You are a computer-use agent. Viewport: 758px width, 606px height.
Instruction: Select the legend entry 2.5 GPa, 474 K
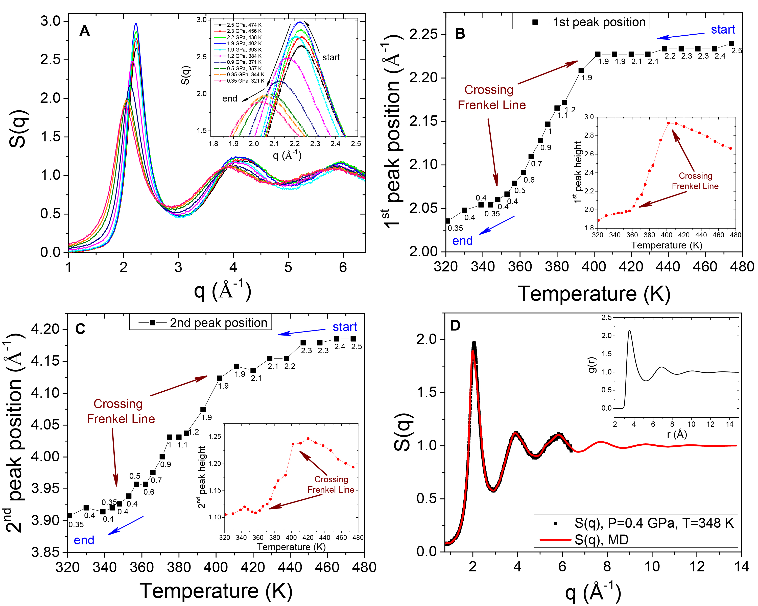[244, 25]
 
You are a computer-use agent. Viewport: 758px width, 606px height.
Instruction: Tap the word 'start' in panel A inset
[331, 57]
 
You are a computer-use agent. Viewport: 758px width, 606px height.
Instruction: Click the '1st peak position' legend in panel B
[581, 22]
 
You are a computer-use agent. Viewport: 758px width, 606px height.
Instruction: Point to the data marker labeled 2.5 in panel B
[731, 44]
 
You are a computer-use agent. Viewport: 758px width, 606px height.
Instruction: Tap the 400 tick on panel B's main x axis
[594, 267]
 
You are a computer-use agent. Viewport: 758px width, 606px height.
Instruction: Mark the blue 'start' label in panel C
[345, 327]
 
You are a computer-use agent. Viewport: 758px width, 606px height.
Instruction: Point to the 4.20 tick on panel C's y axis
[45, 330]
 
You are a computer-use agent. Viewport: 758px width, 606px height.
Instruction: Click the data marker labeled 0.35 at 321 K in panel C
[70, 516]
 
